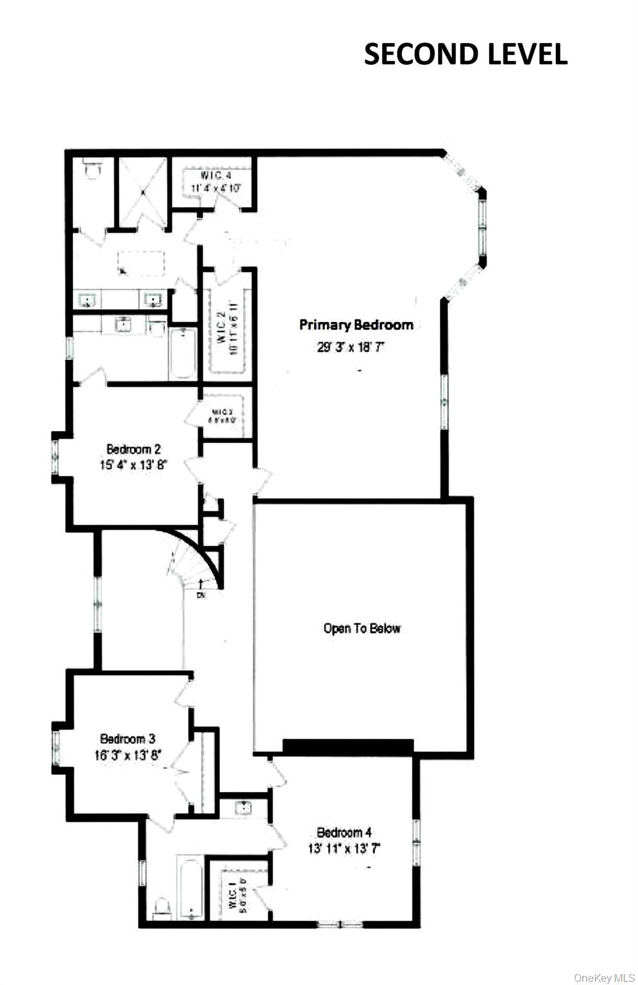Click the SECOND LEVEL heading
pos(466,54)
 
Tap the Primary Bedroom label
pos(356,325)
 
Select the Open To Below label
pos(362,628)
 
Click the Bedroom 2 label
pos(129,449)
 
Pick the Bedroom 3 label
pos(128,739)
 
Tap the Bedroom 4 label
pos(344,832)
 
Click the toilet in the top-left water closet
pos(93,170)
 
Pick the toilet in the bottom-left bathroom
pos(162,907)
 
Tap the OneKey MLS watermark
pos(603,977)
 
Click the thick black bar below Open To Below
pos(348,746)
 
